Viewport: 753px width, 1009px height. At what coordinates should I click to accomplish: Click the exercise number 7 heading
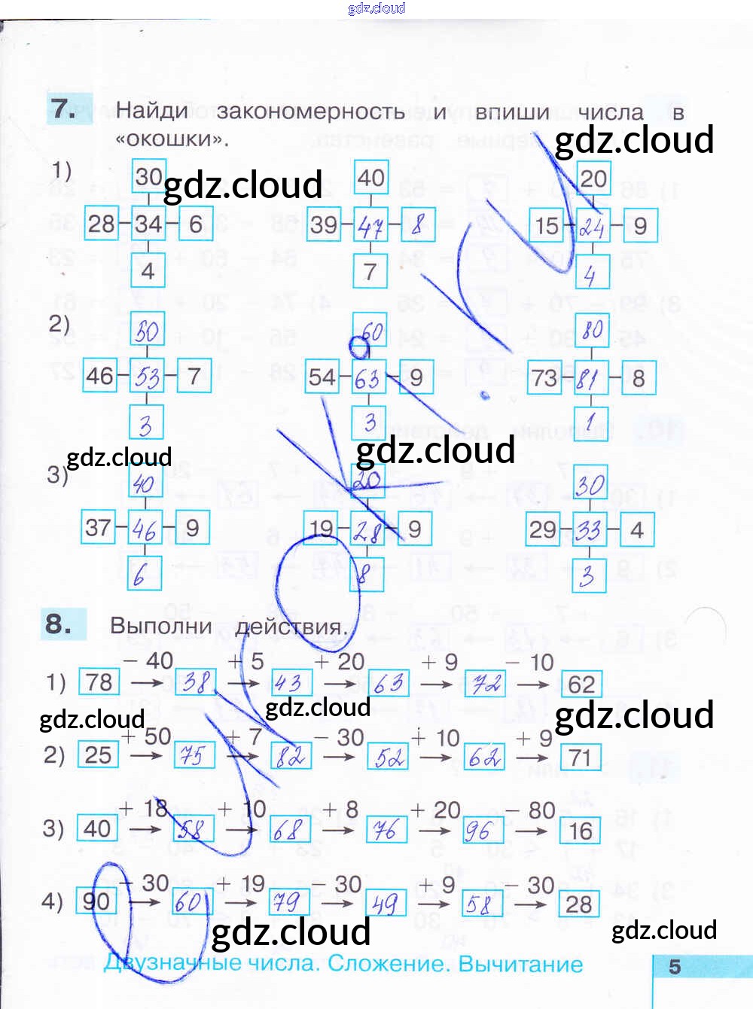[63, 108]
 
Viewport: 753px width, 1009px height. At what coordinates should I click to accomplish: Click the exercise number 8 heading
[59, 624]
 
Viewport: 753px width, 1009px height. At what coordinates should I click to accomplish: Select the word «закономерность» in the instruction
[310, 112]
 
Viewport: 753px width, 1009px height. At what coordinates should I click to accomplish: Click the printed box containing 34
[148, 224]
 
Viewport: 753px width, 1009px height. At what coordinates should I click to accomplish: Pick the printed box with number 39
[324, 224]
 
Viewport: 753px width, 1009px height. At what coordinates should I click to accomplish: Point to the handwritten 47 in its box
[370, 225]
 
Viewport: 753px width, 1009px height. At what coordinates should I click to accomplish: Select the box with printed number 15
[546, 225]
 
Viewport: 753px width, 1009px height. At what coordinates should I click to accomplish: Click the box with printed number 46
[99, 376]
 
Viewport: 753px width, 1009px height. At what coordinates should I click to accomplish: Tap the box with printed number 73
[544, 378]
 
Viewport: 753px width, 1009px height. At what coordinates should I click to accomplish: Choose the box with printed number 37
[98, 528]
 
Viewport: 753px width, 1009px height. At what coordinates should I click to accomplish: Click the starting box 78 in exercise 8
[99, 682]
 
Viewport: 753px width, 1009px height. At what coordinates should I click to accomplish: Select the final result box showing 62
[581, 684]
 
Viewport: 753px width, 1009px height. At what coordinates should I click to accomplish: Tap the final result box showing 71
[580, 758]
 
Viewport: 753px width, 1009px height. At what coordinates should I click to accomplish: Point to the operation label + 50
[147, 736]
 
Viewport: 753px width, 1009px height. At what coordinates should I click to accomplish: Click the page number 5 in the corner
[675, 967]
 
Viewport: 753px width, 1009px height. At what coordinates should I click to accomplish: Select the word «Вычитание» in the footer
[520, 964]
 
